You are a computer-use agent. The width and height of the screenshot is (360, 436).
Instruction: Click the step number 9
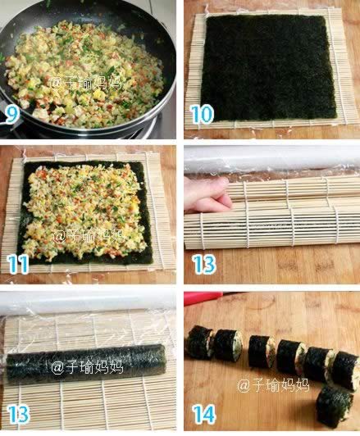[x=11, y=114]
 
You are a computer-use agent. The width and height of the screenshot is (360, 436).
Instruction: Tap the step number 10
[x=202, y=114]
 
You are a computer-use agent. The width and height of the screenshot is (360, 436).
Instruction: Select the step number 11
[x=17, y=263]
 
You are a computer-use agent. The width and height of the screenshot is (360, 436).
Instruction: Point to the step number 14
[x=204, y=414]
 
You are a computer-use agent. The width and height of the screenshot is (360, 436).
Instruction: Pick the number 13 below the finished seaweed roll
[x=17, y=414]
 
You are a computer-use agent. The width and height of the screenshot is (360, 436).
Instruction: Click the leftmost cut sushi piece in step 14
[x=200, y=343]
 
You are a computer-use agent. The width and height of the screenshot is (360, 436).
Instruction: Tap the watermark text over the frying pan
[x=85, y=83]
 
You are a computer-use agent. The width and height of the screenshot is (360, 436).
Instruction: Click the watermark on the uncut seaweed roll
[x=87, y=368]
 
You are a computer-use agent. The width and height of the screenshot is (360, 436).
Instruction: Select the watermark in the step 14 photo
[x=273, y=385]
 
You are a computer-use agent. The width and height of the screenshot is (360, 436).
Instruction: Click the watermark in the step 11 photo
[x=89, y=236]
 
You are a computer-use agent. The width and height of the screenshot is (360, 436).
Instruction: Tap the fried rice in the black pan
[x=84, y=75]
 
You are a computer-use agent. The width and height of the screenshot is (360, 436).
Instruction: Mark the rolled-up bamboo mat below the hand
[x=272, y=228]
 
